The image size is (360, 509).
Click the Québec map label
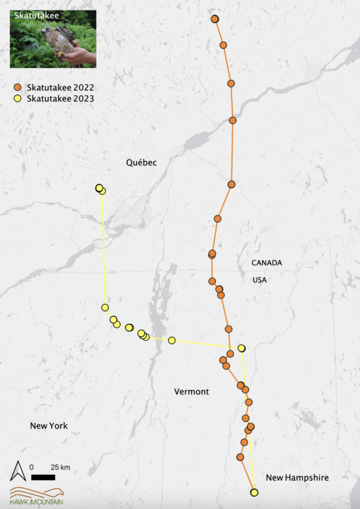pyautogui.click(x=141, y=163)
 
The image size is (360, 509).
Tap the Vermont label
pyautogui.click(x=191, y=392)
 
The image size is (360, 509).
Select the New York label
pyautogui.click(x=49, y=426)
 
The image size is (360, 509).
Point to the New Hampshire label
pyautogui.click(x=297, y=478)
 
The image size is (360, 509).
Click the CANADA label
pyautogui.click(x=266, y=263)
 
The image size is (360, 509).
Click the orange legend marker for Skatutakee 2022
pyautogui.click(x=18, y=87)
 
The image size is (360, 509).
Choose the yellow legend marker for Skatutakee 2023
pyautogui.click(x=18, y=98)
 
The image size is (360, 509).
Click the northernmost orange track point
pyautogui.click(x=215, y=19)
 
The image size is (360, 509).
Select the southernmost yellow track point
pyautogui.click(x=254, y=492)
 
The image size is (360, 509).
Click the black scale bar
pyautogui.click(x=43, y=477)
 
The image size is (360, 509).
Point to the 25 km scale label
pyautogui.click(x=60, y=467)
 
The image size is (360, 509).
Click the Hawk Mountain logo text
pyautogui.click(x=36, y=501)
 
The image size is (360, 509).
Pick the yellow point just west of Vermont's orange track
pyautogui.click(x=172, y=340)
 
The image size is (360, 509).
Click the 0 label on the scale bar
pyautogui.click(x=32, y=467)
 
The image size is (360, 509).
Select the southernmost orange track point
pyautogui.click(x=240, y=457)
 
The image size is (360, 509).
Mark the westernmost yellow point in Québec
pyautogui.click(x=99, y=188)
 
